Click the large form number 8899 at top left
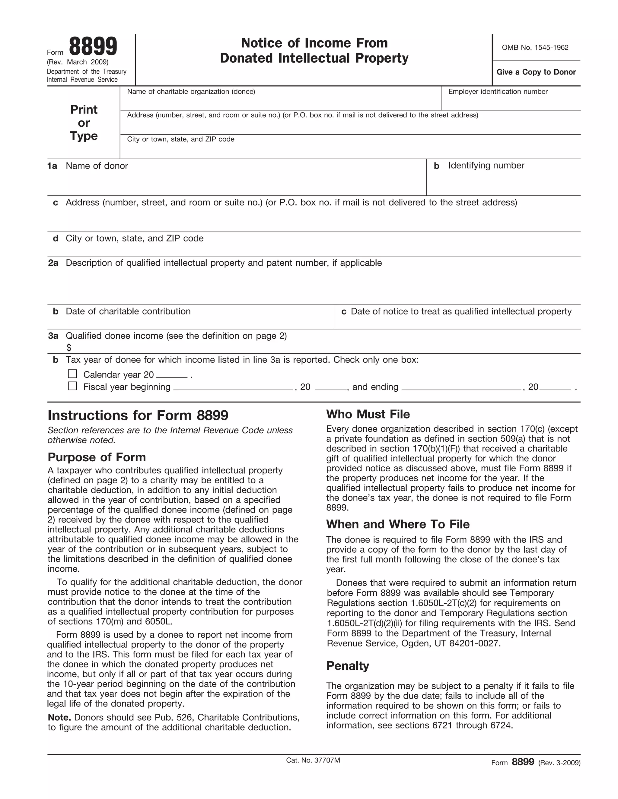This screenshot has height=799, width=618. point(93,46)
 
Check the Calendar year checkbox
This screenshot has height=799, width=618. point(72,374)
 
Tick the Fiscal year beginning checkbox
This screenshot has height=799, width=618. point(72,386)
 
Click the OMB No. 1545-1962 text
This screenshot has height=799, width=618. point(535,48)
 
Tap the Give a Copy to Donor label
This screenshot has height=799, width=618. point(536,72)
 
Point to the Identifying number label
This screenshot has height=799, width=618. point(486,166)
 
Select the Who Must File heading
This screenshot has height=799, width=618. point(368,414)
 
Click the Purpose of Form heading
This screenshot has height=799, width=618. point(97,457)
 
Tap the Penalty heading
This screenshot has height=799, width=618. point(347,666)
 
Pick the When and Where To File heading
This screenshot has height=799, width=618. point(398,524)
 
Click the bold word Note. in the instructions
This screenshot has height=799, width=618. point(59,718)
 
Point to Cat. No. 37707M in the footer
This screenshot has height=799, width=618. point(313,760)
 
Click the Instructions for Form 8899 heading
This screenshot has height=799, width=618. point(138,415)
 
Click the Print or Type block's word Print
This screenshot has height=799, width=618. point(84,109)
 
